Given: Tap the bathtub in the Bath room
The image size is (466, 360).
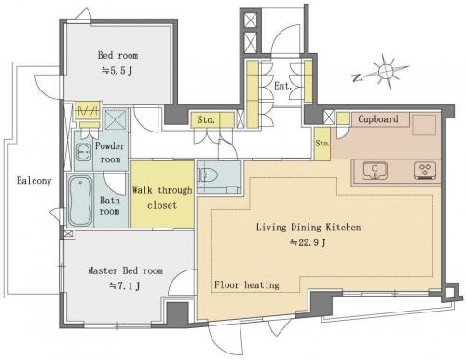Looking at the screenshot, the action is [80, 201].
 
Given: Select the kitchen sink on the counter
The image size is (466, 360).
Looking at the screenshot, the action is [375, 171].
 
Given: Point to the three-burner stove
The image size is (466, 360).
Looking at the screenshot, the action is [425, 171].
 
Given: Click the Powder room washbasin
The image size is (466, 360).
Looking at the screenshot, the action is [84, 152].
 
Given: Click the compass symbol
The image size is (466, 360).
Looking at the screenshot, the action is [386, 71].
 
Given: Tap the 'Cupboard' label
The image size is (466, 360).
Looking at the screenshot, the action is [378, 118].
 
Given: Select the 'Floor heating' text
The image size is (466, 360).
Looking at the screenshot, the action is [247, 284].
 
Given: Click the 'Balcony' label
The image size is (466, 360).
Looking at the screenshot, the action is [34, 180].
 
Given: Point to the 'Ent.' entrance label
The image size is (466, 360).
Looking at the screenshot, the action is [282, 86].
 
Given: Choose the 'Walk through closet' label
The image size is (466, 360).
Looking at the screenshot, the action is [162, 198].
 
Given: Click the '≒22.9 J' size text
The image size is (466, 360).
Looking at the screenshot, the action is [308, 242].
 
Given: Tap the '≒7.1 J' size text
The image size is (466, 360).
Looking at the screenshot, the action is [125, 285].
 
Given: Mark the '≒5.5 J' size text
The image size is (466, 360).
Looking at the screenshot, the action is [117, 71].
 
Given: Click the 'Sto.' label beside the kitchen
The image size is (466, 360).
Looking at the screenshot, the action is [322, 143].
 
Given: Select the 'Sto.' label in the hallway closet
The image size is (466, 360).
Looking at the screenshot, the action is [206, 119].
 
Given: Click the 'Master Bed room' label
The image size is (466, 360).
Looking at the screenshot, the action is [125, 270].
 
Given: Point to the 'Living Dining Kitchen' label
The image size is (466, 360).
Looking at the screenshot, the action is [308, 228].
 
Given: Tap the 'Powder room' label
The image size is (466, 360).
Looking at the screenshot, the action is [110, 152].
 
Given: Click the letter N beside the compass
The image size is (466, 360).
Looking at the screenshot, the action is [357, 77].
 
